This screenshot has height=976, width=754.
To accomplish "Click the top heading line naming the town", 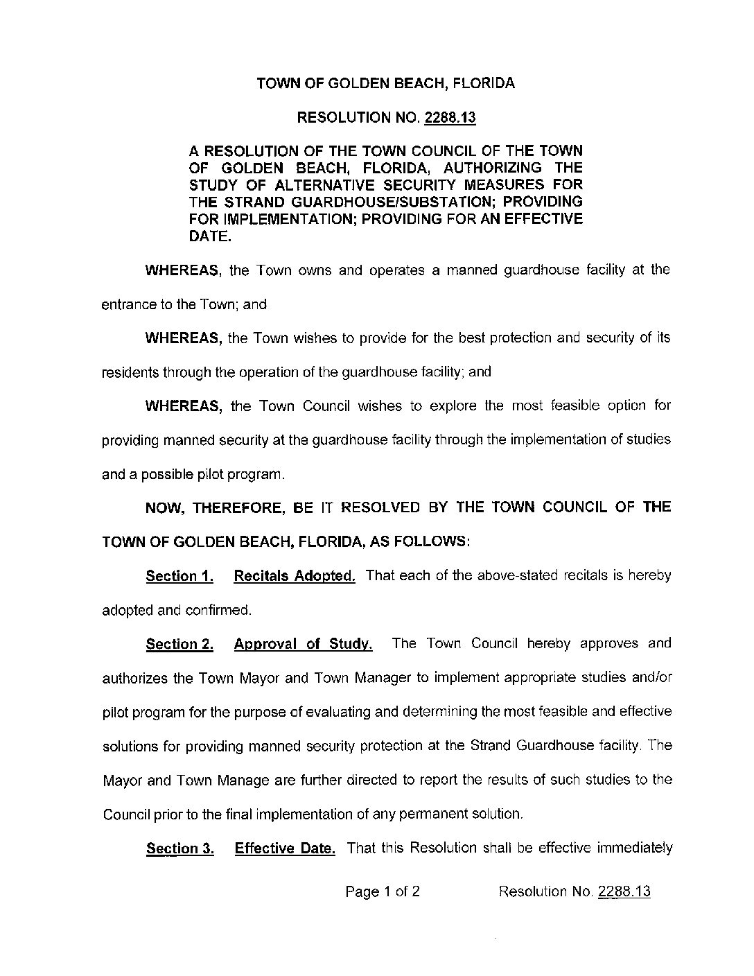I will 386,84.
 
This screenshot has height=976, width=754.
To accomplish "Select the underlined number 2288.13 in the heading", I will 450,118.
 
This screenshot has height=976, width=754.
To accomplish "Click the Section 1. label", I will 179,576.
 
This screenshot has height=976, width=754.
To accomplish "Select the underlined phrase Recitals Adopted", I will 295,576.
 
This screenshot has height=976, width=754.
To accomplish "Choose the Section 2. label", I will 179,644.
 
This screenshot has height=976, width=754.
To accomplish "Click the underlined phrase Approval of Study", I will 304,644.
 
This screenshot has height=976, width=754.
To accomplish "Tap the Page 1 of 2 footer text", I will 383,891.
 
